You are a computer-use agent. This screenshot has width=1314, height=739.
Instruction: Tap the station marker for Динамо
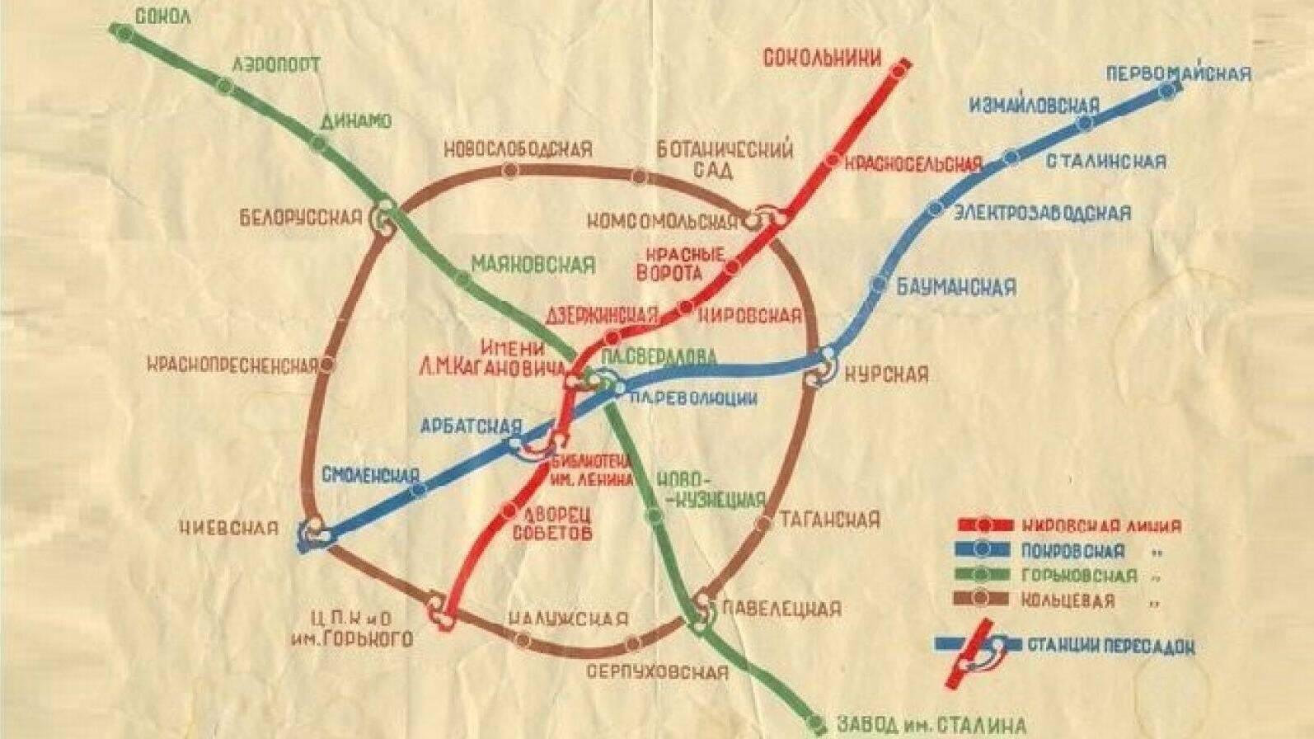319,143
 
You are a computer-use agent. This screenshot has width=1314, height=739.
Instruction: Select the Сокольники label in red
822,58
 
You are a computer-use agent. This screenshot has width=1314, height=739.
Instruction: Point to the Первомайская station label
1178,73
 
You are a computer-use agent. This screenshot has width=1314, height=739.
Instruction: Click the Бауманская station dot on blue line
879,285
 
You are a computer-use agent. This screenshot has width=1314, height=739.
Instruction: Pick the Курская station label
887,374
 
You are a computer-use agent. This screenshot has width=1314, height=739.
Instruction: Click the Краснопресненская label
233,365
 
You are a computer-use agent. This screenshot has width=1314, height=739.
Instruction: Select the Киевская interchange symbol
313,532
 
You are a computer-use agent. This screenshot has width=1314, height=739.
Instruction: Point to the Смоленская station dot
420,490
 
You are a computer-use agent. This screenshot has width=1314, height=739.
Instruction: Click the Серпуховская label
657,671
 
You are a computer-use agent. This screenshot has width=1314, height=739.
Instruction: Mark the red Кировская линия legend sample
984,525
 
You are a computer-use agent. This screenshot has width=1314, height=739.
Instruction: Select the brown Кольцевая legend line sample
984,598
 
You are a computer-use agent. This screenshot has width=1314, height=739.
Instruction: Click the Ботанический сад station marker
640,176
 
